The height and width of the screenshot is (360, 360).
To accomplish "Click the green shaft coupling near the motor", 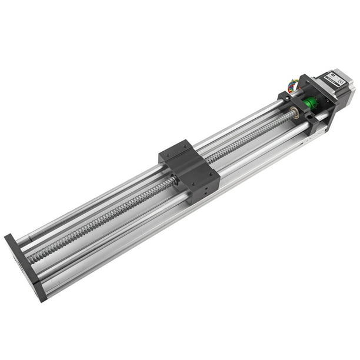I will click(x=311, y=104).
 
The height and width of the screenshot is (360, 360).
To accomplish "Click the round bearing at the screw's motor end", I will click(x=294, y=111).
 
